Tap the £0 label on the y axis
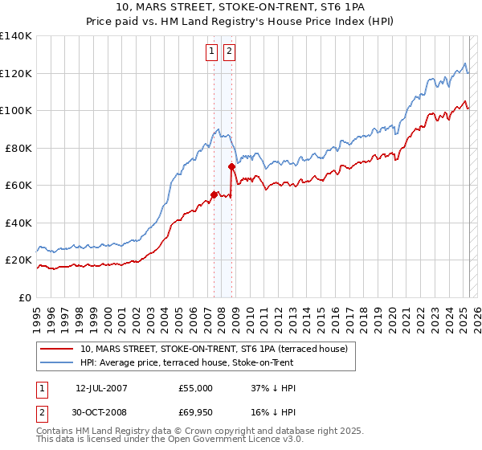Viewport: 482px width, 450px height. pos(26,297)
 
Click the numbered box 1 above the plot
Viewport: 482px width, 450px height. pos(211,52)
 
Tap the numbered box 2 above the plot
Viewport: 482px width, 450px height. pos(229,52)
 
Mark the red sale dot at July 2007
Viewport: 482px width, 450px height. pos(214,194)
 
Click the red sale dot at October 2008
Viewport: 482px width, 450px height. pos(231,166)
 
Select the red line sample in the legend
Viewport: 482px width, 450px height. pos(57,349)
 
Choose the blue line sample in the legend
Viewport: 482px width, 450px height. pos(57,362)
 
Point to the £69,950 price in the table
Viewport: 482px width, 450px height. pos(196,413)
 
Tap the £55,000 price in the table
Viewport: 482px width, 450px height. pos(196,388)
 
